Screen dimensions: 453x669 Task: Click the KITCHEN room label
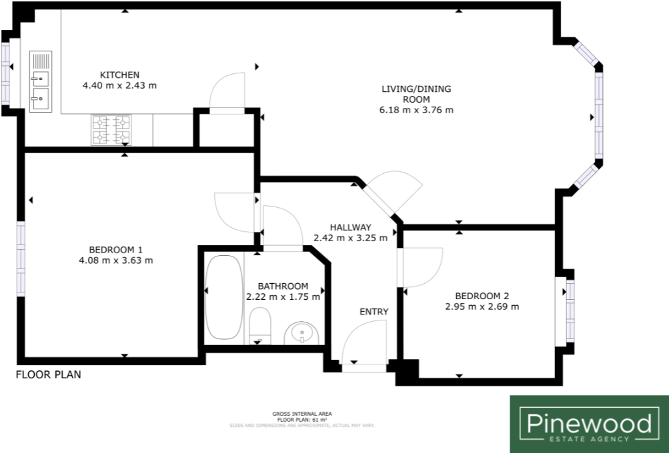pyautogui.click(x=119, y=75)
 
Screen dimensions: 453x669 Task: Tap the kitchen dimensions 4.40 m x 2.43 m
pyautogui.click(x=119, y=86)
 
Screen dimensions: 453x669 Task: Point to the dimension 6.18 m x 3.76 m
pyautogui.click(x=417, y=110)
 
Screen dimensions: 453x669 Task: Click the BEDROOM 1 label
pyautogui.click(x=115, y=249)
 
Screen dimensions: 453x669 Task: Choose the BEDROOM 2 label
pyautogui.click(x=482, y=296)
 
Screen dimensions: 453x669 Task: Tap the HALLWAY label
pyautogui.click(x=350, y=227)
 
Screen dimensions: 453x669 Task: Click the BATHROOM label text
pyautogui.click(x=283, y=286)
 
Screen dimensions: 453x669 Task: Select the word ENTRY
pyautogui.click(x=374, y=312)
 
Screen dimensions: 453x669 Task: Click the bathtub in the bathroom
pyautogui.click(x=222, y=296)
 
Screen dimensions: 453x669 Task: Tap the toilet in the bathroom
pyautogui.click(x=259, y=326)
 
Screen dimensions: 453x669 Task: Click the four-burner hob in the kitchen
pyautogui.click(x=111, y=129)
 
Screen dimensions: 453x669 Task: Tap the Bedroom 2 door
pyautogui.click(x=421, y=267)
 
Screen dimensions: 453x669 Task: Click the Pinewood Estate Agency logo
pyautogui.click(x=589, y=424)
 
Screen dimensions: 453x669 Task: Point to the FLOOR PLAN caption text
pyautogui.click(x=49, y=375)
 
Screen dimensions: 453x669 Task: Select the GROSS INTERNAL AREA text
pyautogui.click(x=302, y=414)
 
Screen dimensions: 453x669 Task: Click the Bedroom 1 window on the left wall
pyautogui.click(x=21, y=258)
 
